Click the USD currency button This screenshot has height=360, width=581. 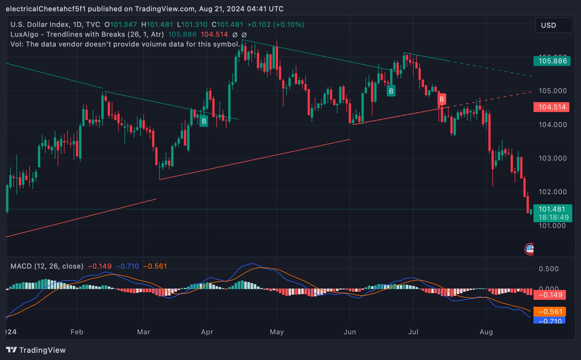coord(553,25)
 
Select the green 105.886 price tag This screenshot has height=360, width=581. coord(552,61)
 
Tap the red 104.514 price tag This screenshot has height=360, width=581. coord(551,107)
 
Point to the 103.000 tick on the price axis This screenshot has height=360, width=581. coord(552,158)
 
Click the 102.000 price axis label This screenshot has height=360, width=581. coord(552,192)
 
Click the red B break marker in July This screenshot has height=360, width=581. coord(441,99)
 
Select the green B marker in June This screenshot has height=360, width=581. coord(391,91)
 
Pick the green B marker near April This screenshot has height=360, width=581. coord(204,121)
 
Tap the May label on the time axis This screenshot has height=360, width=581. coord(277,332)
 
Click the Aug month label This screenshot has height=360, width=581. coord(486,332)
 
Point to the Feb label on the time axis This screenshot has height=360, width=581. coord(77,332)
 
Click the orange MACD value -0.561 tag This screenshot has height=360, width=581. coord(549,312)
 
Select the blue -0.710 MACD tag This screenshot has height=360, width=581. coord(549,321)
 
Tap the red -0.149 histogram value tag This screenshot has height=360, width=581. coord(549,295)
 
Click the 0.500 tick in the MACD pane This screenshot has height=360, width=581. coord(548,269)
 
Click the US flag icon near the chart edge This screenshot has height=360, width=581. coord(530,249)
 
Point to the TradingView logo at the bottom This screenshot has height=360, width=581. coord(36,350)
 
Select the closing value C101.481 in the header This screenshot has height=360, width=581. coord(227,25)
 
